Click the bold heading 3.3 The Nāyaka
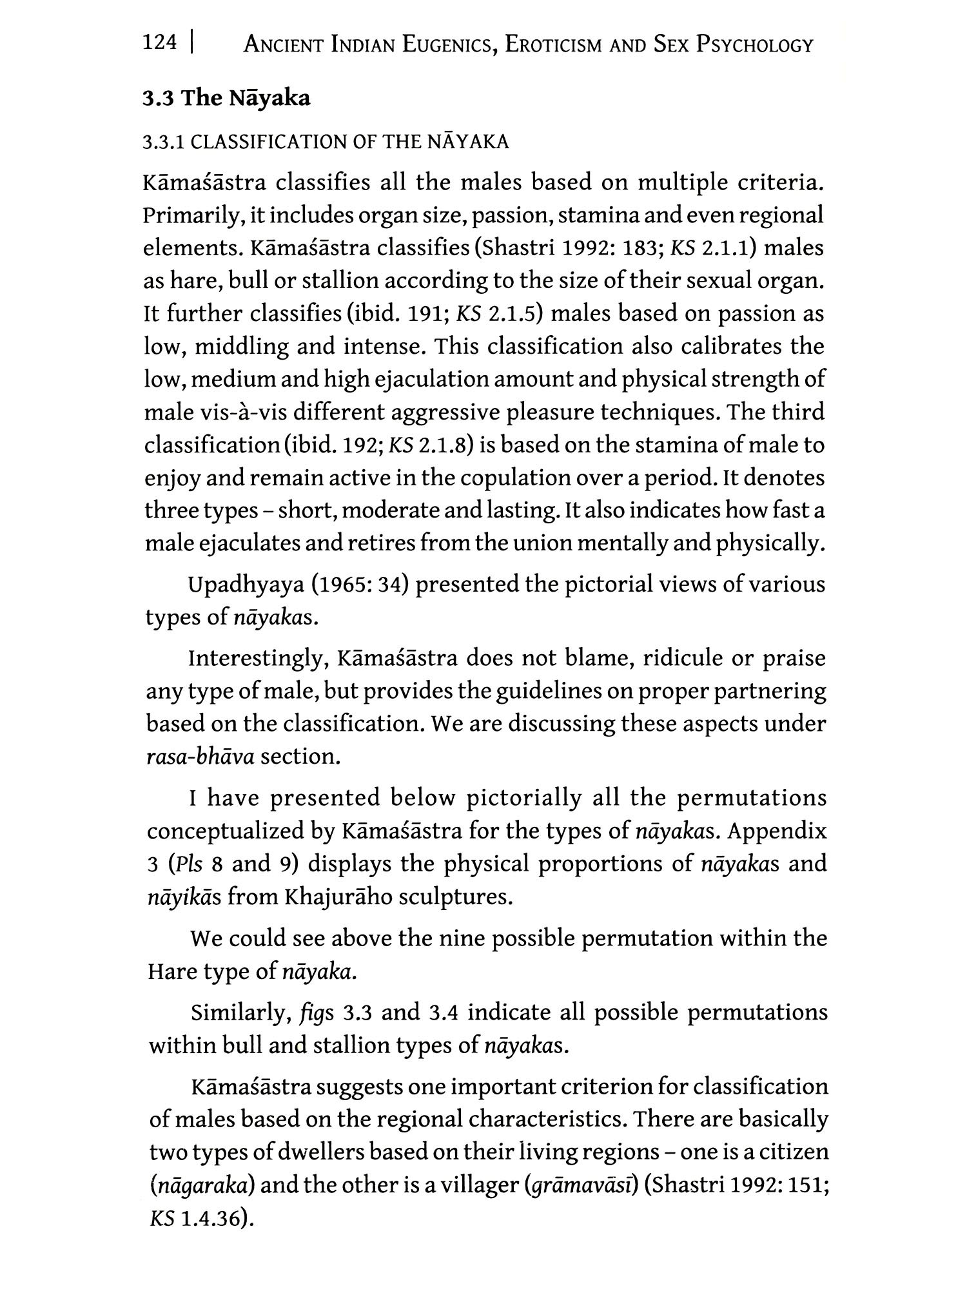(226, 99)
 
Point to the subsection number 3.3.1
(164, 142)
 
